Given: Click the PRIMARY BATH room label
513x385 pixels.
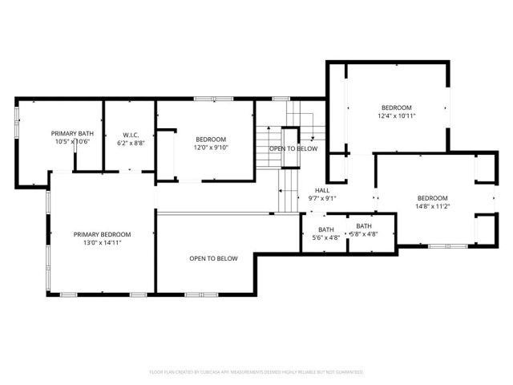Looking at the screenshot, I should (73, 133).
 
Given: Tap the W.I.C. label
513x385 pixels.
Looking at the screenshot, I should (131, 134).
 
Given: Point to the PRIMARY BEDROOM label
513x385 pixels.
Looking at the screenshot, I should (102, 234).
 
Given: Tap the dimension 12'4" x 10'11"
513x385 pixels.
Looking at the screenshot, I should (396, 116).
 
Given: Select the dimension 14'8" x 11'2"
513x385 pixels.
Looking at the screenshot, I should (432, 206).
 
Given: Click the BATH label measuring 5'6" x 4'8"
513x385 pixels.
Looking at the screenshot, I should (325, 227).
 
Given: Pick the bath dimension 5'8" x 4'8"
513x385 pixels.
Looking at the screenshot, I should (363, 234).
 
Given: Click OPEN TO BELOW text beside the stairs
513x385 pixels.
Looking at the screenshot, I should (293, 148).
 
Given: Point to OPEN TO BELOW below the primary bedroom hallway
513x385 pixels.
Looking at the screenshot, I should (213, 258).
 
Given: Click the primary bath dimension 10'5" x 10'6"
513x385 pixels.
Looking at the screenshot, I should (73, 142).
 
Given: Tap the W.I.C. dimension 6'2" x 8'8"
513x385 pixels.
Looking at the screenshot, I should (131, 143).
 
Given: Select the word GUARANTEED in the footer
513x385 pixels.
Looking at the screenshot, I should (346, 372).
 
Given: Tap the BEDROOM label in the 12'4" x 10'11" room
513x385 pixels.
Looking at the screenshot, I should (396, 107).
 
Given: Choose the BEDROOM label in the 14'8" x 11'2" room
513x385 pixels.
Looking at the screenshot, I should (432, 197).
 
